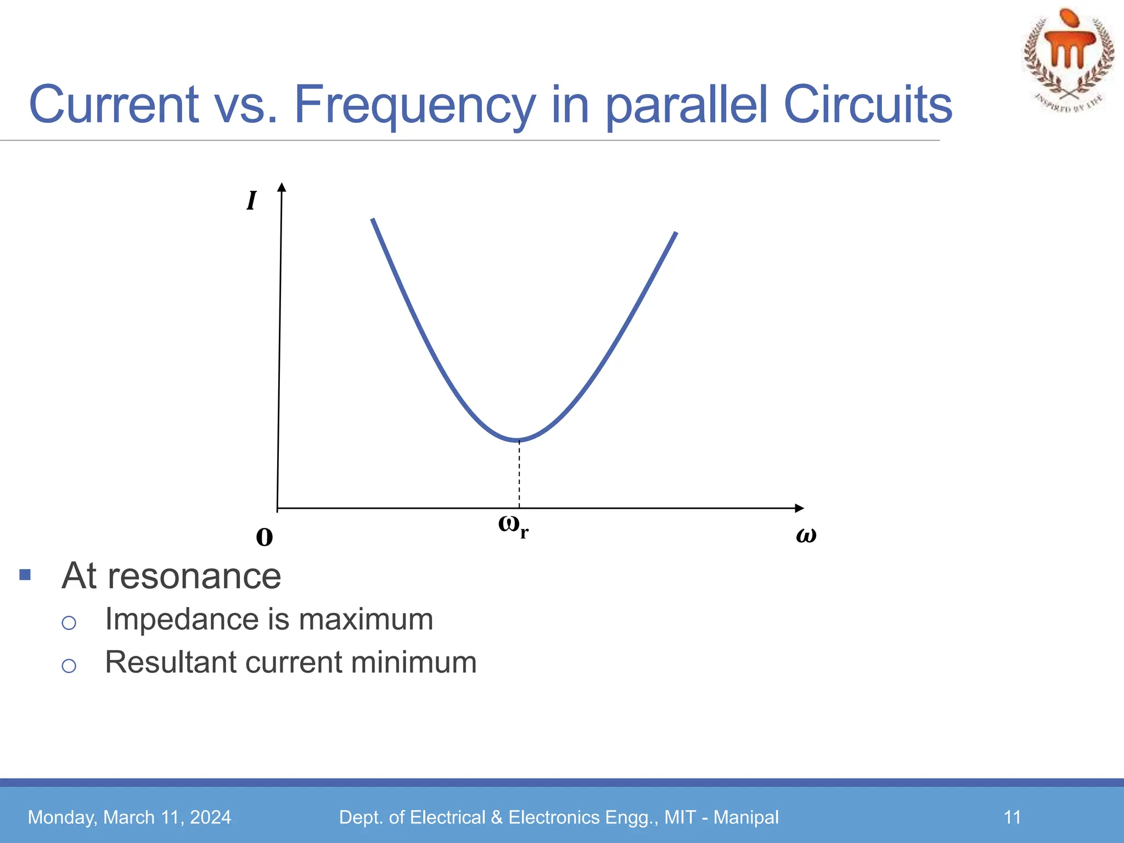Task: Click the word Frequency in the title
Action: coord(415,105)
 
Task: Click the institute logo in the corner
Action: coord(1068,59)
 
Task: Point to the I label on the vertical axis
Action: coord(251,201)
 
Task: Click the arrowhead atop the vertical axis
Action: coord(282,188)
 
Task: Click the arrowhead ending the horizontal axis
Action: coord(799,508)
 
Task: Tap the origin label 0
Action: coord(265,537)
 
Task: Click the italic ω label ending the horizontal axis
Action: coord(806,535)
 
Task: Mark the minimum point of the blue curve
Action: coord(519,440)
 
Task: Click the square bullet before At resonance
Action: coord(25,575)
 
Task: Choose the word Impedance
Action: coord(182,619)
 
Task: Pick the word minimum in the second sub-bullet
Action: coord(414,662)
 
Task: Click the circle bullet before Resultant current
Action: coord(69,666)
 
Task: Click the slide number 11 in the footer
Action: coord(1012,817)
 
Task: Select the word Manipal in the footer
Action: coord(746,817)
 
